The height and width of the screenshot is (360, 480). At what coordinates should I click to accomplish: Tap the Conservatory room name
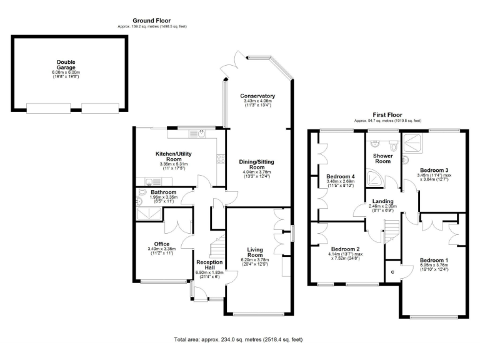click(x=258, y=96)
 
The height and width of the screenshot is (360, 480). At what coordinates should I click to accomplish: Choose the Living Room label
click(x=254, y=252)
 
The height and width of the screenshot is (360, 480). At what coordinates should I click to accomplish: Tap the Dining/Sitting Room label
click(x=257, y=164)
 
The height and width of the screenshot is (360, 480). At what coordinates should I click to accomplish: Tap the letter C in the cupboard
click(x=392, y=272)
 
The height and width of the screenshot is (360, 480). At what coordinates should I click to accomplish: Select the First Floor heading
click(x=387, y=115)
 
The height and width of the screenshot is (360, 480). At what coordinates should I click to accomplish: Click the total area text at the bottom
click(x=238, y=340)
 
